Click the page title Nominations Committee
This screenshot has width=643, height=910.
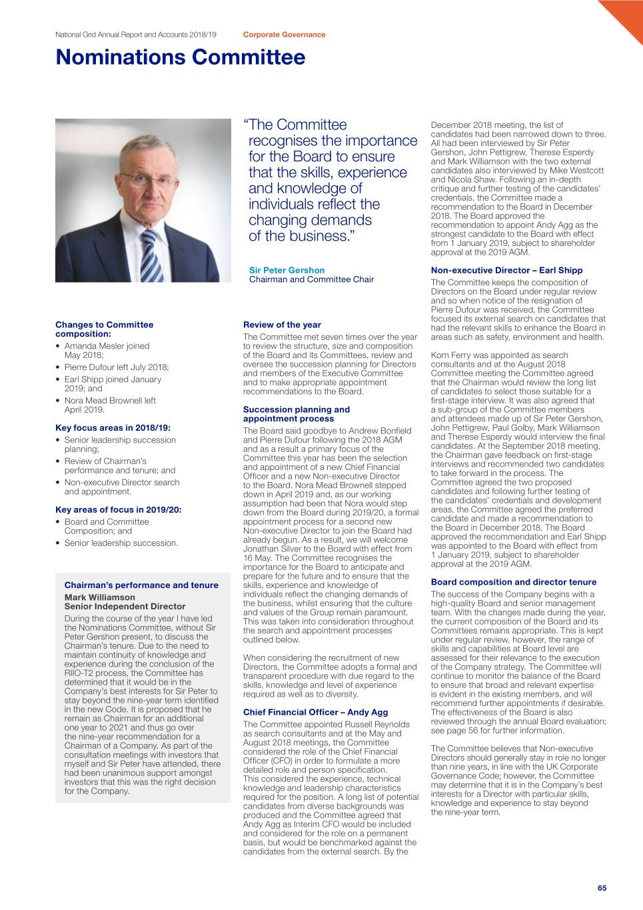[x=181, y=57]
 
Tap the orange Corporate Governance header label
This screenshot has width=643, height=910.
[x=284, y=35]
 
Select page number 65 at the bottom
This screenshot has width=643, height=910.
[x=602, y=888]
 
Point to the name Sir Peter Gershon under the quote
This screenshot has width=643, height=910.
[x=287, y=270]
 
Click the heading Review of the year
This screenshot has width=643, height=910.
[x=282, y=325]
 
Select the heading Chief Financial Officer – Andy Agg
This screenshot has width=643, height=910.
[x=315, y=712]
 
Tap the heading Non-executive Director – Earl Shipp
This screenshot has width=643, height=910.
[x=506, y=270]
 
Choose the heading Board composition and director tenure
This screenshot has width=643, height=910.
[x=514, y=582]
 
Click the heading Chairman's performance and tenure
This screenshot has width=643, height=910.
[x=141, y=585]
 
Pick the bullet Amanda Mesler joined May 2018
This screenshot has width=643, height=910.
[x=107, y=350]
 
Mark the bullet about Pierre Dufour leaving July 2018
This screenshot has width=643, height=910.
[x=117, y=367]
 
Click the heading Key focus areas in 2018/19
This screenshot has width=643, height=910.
[x=113, y=427]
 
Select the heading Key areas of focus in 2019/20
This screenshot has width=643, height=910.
[x=118, y=509]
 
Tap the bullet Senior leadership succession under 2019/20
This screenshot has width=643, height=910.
[x=121, y=543]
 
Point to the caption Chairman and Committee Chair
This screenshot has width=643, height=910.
[x=311, y=279]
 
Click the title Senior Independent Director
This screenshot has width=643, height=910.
[x=125, y=607]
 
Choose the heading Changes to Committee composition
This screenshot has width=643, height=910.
[x=104, y=329]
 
